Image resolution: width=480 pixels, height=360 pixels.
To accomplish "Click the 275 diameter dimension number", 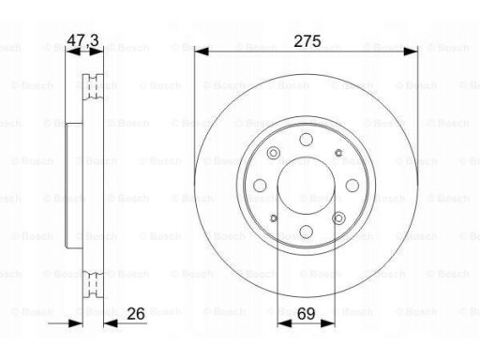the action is (307, 41).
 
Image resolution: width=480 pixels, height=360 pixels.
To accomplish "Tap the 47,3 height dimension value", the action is (83, 40).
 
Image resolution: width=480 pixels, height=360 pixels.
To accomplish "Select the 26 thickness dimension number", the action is (136, 313).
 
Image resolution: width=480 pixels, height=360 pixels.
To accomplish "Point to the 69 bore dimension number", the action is (306, 314).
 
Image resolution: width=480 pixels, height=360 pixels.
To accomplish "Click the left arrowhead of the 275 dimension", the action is (202, 52).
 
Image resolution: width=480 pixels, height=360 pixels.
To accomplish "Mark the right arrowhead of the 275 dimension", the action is (411, 52).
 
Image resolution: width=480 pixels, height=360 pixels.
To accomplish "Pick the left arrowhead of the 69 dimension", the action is (284, 323).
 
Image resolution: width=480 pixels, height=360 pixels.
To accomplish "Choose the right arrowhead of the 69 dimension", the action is (328, 323).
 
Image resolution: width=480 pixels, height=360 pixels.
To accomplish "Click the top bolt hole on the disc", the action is (307, 140).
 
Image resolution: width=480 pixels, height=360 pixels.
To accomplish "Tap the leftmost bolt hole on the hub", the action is (260, 186).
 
